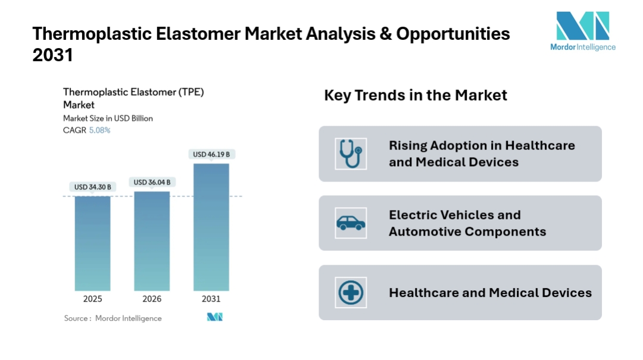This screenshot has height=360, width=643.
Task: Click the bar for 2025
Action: tap(92, 243)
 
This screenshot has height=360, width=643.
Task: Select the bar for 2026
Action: tap(152, 240)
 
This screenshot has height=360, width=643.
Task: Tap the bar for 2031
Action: tap(211, 227)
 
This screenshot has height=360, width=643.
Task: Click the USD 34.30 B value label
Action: tap(92, 187)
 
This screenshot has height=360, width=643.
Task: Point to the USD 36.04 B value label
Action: tap(152, 182)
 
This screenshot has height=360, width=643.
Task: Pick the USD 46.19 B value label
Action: tap(211, 155)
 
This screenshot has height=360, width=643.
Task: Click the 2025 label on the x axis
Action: tap(92, 299)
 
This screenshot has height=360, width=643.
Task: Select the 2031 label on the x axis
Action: tap(211, 299)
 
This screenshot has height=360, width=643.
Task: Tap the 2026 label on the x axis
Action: tap(152, 299)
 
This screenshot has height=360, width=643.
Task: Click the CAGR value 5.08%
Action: tap(99, 130)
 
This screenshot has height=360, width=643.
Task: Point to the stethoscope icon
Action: tap(350, 154)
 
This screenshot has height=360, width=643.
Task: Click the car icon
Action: tap(350, 223)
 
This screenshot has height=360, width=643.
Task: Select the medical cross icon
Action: tap(350, 293)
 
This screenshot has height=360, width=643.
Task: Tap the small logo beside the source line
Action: tap(214, 318)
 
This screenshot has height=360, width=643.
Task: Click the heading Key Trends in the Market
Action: tap(416, 95)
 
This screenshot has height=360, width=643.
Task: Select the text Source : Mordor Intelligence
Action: tap(113, 318)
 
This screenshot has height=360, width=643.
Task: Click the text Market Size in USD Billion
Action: tap(108, 118)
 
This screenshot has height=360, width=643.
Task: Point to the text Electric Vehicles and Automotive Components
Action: tap(467, 223)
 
